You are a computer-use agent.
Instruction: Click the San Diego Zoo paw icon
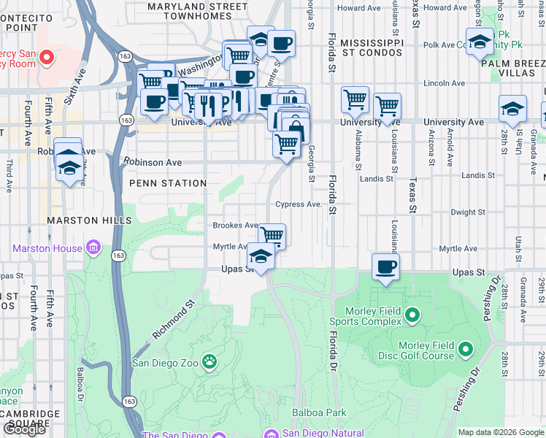[x=209, y=360]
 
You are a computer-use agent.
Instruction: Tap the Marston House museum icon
[x=93, y=249]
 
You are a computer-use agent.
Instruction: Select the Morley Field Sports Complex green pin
[x=412, y=315]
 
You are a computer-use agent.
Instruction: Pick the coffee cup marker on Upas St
[x=386, y=266]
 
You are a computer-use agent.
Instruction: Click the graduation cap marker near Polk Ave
[x=480, y=42]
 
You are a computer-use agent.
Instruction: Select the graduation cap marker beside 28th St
[x=513, y=109]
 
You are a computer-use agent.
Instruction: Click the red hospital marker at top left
[x=47, y=57]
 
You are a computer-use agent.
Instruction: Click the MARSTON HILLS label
[x=80, y=220]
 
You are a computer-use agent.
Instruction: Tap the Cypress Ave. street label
[x=298, y=204]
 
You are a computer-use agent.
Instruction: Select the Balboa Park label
[x=319, y=412]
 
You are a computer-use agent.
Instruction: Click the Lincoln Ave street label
[x=449, y=83]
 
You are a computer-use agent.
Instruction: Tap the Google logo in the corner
[x=24, y=429]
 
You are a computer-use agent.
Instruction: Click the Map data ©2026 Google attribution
[x=501, y=432]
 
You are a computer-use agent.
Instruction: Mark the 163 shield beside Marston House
[x=118, y=255]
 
